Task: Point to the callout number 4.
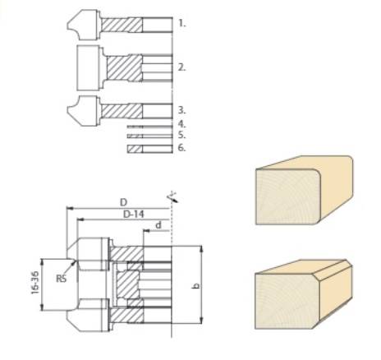click(x=181, y=122)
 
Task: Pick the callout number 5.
click(x=181, y=134)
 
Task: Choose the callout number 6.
click(x=181, y=148)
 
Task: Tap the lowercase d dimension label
click(x=157, y=224)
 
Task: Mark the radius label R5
click(x=62, y=278)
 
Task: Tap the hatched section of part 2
click(x=124, y=66)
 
